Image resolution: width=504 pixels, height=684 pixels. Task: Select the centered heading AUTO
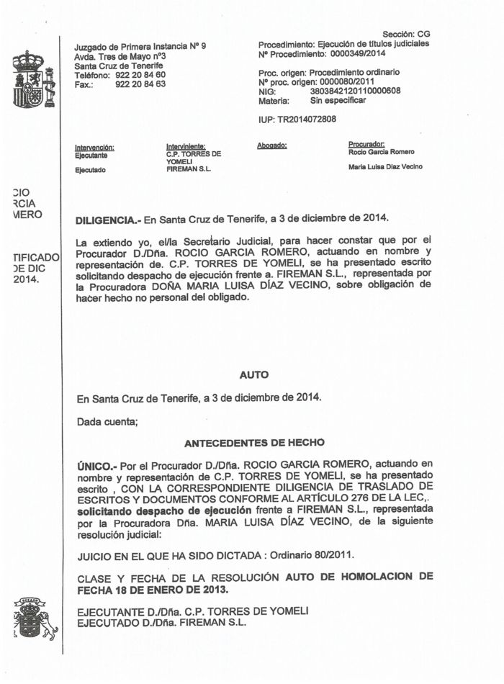click(x=253, y=374)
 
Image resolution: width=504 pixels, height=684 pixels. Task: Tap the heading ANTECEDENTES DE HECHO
click(x=254, y=443)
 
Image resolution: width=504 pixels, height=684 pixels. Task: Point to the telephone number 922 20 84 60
click(x=140, y=75)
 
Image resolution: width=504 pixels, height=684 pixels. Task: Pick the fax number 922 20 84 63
click(x=140, y=84)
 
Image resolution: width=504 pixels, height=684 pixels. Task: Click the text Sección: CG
click(x=406, y=35)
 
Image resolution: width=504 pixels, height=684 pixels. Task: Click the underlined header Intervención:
click(x=94, y=148)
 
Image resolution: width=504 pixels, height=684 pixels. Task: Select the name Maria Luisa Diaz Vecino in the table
click(x=385, y=167)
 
